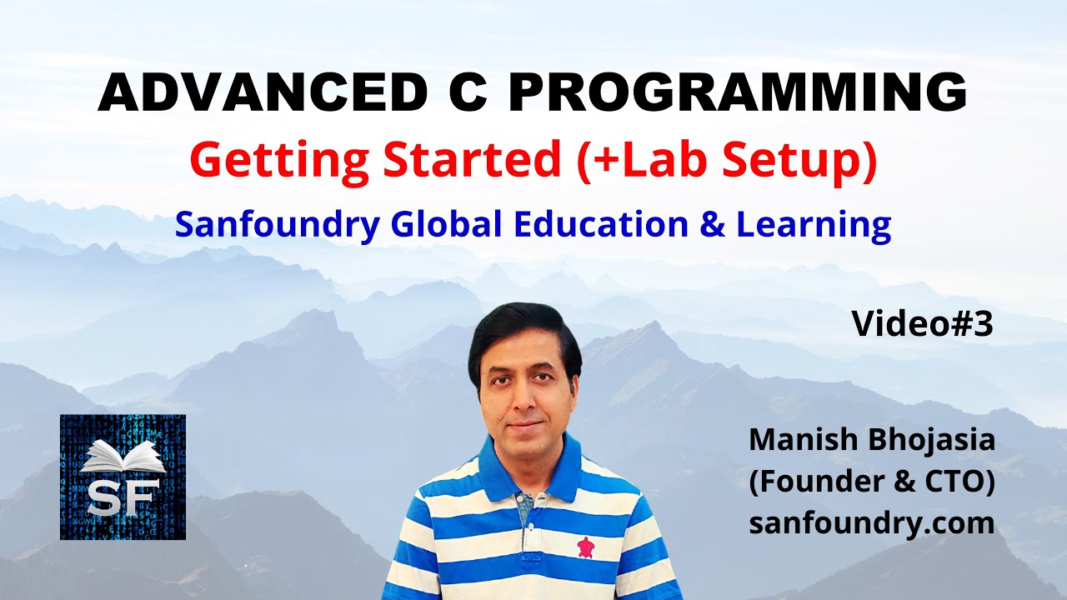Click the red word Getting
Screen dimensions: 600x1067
pyautogui.click(x=278, y=160)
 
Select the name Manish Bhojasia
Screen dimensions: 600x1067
pyautogui.click(x=872, y=439)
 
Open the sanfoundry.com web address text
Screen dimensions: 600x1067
pyautogui.click(x=872, y=523)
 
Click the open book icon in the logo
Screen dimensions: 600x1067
pyautogui.click(x=123, y=457)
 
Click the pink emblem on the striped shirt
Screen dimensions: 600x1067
pyautogui.click(x=587, y=547)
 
